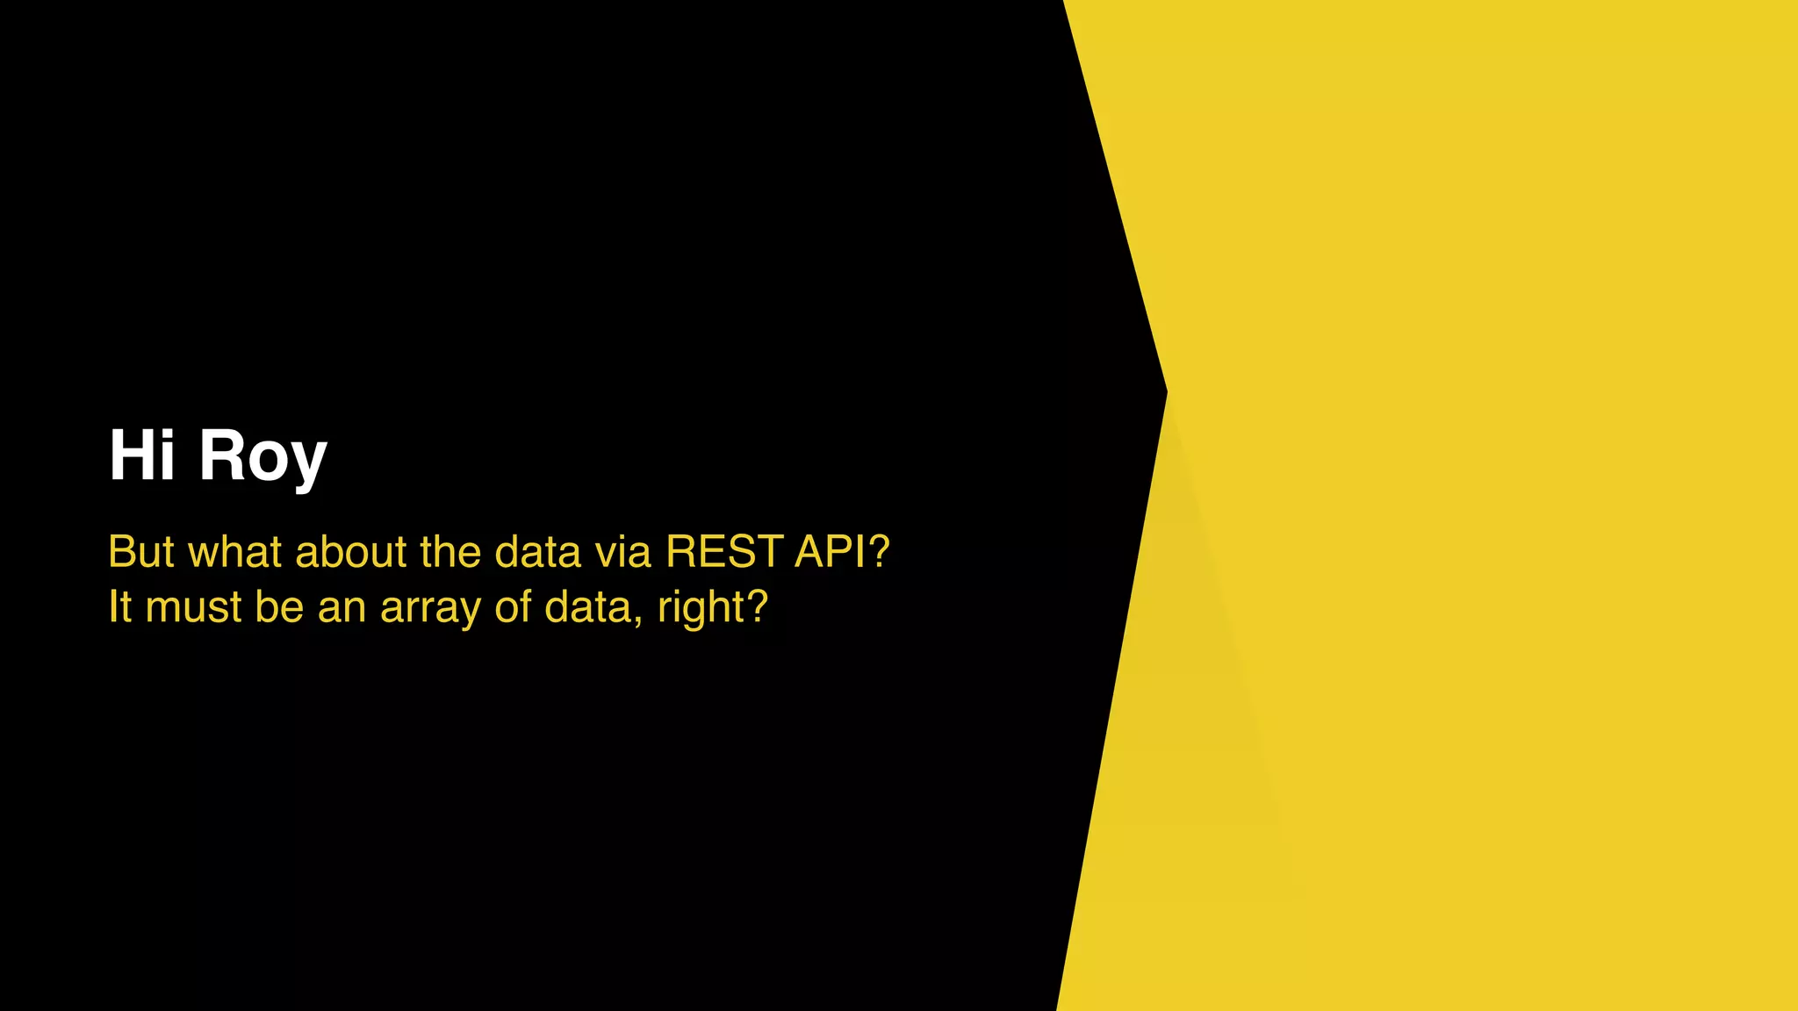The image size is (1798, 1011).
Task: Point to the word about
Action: pos(351,552)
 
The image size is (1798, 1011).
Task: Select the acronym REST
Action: pos(724,552)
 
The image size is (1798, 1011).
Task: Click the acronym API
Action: pos(834,552)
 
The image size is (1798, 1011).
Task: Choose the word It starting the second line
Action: pos(119,606)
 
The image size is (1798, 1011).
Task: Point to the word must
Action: pos(193,607)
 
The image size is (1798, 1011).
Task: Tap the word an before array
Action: pos(342,607)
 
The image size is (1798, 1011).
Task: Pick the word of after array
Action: pos(513,606)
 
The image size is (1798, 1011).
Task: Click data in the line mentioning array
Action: pos(587,606)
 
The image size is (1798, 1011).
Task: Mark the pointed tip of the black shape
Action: pos(1165,391)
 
